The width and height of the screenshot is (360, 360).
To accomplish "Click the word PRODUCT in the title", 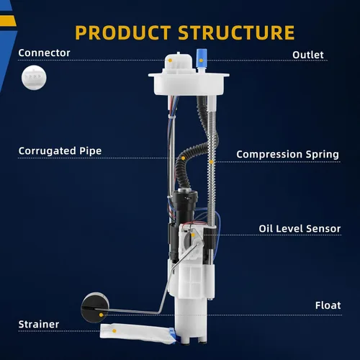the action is [123, 32].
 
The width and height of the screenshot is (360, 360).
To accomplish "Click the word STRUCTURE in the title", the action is [236, 32].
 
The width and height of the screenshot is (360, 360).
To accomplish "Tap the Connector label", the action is [44, 53].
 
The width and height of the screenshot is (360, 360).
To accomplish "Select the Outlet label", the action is [308, 55].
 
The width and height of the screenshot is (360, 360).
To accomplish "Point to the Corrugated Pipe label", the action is [60, 151].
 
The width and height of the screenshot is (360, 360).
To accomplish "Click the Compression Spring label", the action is [287, 155].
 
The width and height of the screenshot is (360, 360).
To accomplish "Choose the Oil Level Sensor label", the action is [300, 229].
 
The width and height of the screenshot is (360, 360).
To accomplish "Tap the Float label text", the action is [328, 305].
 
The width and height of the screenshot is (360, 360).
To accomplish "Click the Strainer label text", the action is [39, 325].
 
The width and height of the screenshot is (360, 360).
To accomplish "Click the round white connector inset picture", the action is [34, 78].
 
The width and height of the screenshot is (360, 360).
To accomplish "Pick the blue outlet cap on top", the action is [202, 58].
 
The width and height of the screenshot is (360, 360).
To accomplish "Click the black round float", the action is [95, 307].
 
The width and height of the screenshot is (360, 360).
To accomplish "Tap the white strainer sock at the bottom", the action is [137, 333].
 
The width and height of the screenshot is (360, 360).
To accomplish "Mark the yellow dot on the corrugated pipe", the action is [183, 158].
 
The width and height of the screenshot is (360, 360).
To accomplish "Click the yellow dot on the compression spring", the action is [212, 162].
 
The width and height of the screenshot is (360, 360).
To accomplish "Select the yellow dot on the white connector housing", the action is [170, 60].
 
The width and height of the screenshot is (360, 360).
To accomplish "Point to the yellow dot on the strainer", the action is [114, 331].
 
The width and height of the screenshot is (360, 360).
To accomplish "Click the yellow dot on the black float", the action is [101, 315].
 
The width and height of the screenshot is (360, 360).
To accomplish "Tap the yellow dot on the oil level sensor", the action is [193, 235].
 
